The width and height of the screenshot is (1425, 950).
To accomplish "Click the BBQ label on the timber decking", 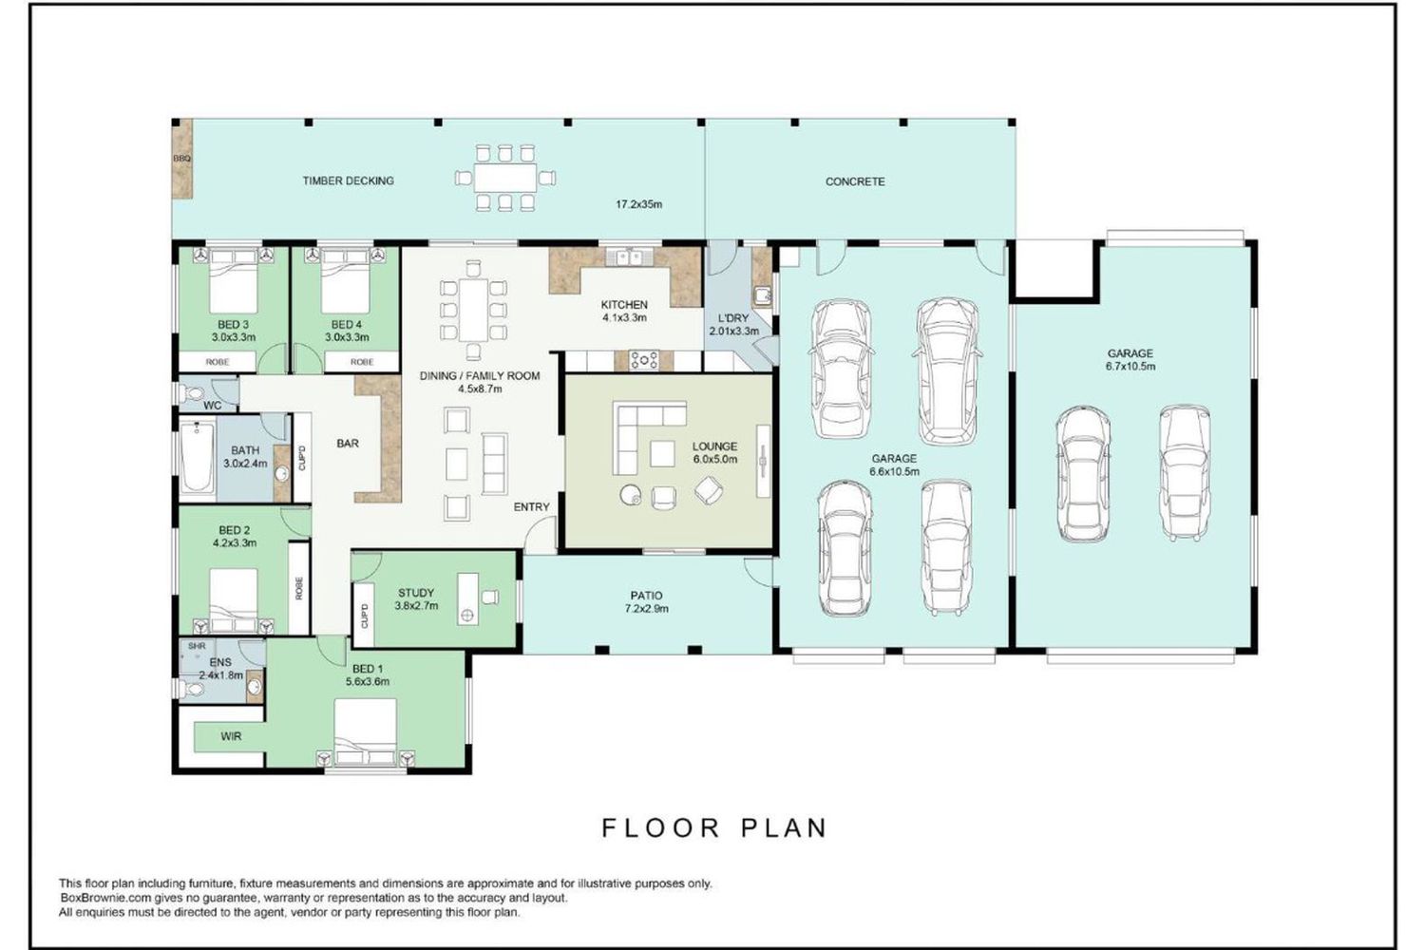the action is click(x=182, y=159).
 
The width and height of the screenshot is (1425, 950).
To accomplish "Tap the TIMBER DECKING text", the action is click(x=348, y=180).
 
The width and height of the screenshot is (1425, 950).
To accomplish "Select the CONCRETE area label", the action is click(x=855, y=181).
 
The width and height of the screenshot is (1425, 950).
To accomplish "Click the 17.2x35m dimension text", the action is click(x=638, y=204).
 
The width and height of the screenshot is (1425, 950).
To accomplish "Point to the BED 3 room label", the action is click(x=233, y=325).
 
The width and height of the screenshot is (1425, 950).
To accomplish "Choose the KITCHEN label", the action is click(x=624, y=305).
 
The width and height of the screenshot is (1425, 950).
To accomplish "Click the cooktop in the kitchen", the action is click(x=644, y=359).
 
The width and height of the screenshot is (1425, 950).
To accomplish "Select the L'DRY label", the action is click(x=733, y=318).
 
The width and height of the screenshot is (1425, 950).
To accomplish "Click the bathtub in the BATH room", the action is click(x=198, y=458).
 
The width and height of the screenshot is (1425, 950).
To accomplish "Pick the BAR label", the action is click(x=348, y=443).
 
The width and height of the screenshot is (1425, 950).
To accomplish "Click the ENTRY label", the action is click(x=531, y=506).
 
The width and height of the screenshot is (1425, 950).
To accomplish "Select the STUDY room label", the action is click(x=416, y=593).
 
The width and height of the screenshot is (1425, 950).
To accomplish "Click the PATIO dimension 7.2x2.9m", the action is click(x=646, y=608).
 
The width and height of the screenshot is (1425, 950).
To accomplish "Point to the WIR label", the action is click(x=231, y=736).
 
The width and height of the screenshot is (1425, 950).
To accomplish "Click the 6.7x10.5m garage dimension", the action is click(x=1130, y=366).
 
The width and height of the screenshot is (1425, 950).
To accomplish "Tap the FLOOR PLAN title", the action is click(x=715, y=827).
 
